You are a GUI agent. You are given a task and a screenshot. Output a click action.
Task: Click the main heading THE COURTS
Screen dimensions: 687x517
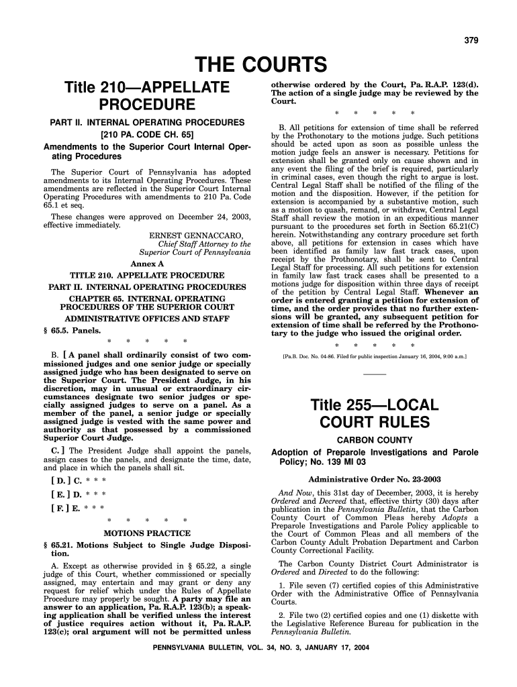260,65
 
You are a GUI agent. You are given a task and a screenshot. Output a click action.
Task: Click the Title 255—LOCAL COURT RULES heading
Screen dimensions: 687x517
374,414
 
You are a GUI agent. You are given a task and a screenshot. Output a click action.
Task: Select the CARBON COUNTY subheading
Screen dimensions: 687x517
374,440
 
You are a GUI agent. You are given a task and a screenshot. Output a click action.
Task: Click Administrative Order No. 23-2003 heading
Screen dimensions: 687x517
374,480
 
